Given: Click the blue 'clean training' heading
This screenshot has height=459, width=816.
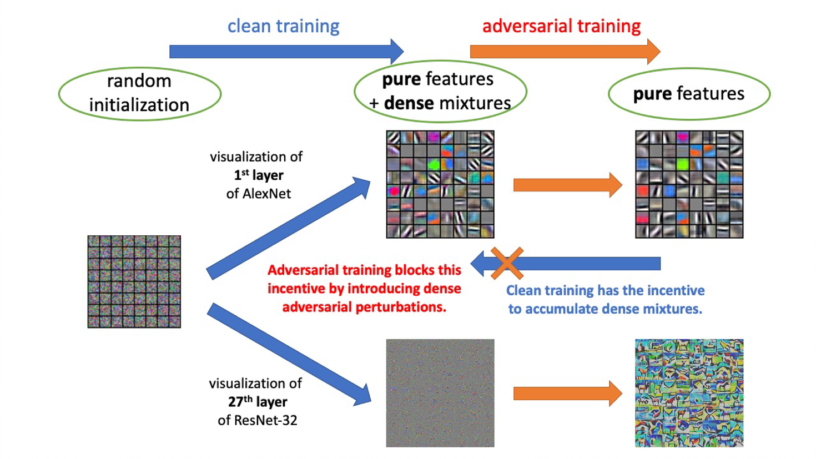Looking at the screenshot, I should pyautogui.click(x=283, y=26).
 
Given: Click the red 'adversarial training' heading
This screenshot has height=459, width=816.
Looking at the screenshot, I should pyautogui.click(x=561, y=26).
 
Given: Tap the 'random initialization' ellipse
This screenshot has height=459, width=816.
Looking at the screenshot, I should pyautogui.click(x=139, y=93).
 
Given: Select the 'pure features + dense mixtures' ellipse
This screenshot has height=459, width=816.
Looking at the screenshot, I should pyautogui.click(x=440, y=92).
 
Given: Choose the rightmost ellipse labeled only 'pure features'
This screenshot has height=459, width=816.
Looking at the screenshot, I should pyautogui.click(x=688, y=94).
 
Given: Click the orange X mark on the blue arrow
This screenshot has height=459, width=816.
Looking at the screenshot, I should pyautogui.click(x=507, y=263).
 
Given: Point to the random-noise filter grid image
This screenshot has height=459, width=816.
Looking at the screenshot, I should pyautogui.click(x=134, y=281).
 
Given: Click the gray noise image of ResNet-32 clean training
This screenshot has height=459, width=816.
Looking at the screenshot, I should pyautogui.click(x=440, y=393).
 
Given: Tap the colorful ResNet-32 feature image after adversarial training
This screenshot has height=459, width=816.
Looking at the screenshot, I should pyautogui.click(x=689, y=393).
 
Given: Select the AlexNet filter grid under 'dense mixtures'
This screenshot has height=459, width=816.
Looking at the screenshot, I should pyautogui.click(x=440, y=184).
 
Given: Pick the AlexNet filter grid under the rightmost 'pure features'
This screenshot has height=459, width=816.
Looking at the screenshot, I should pyautogui.click(x=689, y=184).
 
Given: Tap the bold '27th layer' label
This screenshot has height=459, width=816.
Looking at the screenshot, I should pyautogui.click(x=257, y=401).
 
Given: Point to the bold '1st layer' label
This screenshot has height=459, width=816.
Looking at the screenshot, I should pyautogui.click(x=258, y=175).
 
